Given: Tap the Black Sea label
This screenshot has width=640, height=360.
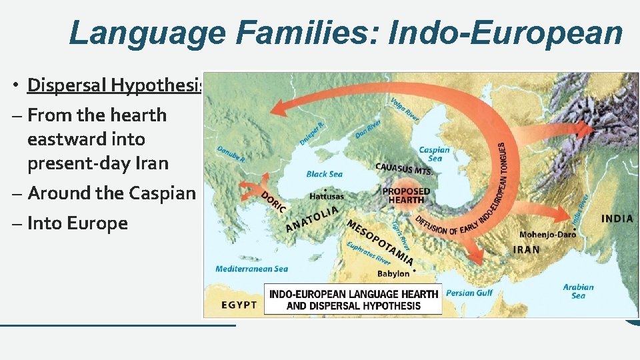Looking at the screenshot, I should (325, 174).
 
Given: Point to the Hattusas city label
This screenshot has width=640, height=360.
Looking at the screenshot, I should (327, 197).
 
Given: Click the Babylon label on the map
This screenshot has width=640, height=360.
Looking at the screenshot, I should (393, 273).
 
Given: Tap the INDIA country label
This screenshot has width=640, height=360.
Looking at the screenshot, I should (617, 219).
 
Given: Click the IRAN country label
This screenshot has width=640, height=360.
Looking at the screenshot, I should (527, 249).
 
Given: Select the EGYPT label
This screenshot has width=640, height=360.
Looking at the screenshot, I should (239, 305).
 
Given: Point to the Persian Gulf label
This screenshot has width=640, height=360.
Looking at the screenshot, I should (469, 293).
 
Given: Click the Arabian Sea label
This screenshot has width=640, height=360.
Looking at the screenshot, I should (578, 291).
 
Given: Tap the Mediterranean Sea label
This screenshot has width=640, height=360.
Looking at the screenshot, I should (251, 269).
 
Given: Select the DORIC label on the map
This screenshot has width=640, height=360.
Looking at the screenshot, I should (273, 202).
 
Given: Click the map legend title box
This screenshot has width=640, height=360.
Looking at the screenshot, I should (353, 299).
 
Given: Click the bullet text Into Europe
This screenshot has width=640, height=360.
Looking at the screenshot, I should (77, 223).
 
